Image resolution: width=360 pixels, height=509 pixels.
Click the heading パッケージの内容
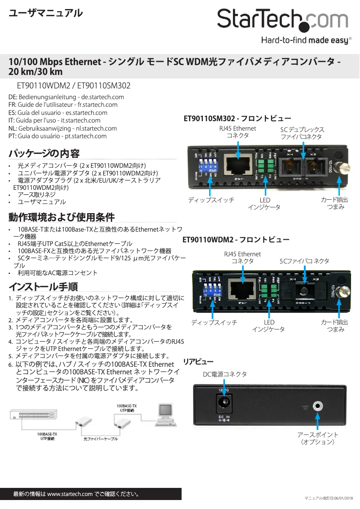44,154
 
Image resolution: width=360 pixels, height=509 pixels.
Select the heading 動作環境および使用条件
61,217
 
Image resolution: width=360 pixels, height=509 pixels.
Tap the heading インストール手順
43,286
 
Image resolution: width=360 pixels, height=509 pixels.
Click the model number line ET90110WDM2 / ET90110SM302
73,85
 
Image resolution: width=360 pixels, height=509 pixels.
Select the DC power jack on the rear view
224,402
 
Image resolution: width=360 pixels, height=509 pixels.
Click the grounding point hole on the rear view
318,407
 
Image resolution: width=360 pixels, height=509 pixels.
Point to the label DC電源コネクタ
224,374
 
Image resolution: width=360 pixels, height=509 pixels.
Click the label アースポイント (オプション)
318,439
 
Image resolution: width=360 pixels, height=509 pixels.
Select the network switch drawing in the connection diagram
34,415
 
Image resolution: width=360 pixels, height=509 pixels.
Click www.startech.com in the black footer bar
70,494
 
